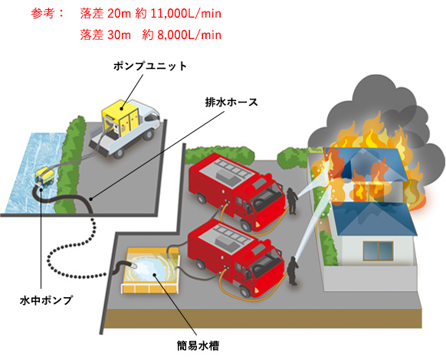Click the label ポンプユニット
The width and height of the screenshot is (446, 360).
[x=150, y=66]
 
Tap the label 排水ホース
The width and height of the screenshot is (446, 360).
[x=231, y=102]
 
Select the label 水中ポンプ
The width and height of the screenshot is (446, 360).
[x=46, y=300]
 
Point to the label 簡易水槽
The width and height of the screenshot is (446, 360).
[x=198, y=345]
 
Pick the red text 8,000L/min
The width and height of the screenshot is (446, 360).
[x=189, y=35]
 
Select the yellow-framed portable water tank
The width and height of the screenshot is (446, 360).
[x=151, y=270]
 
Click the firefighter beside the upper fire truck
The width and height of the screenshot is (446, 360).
[x=292, y=201]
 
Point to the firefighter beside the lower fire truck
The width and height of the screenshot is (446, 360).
[x=293, y=270]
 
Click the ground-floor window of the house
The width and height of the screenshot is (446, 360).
[x=378, y=250]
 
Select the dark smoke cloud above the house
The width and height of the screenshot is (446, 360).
[x=379, y=113]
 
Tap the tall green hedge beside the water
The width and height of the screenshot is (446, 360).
[x=69, y=165]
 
